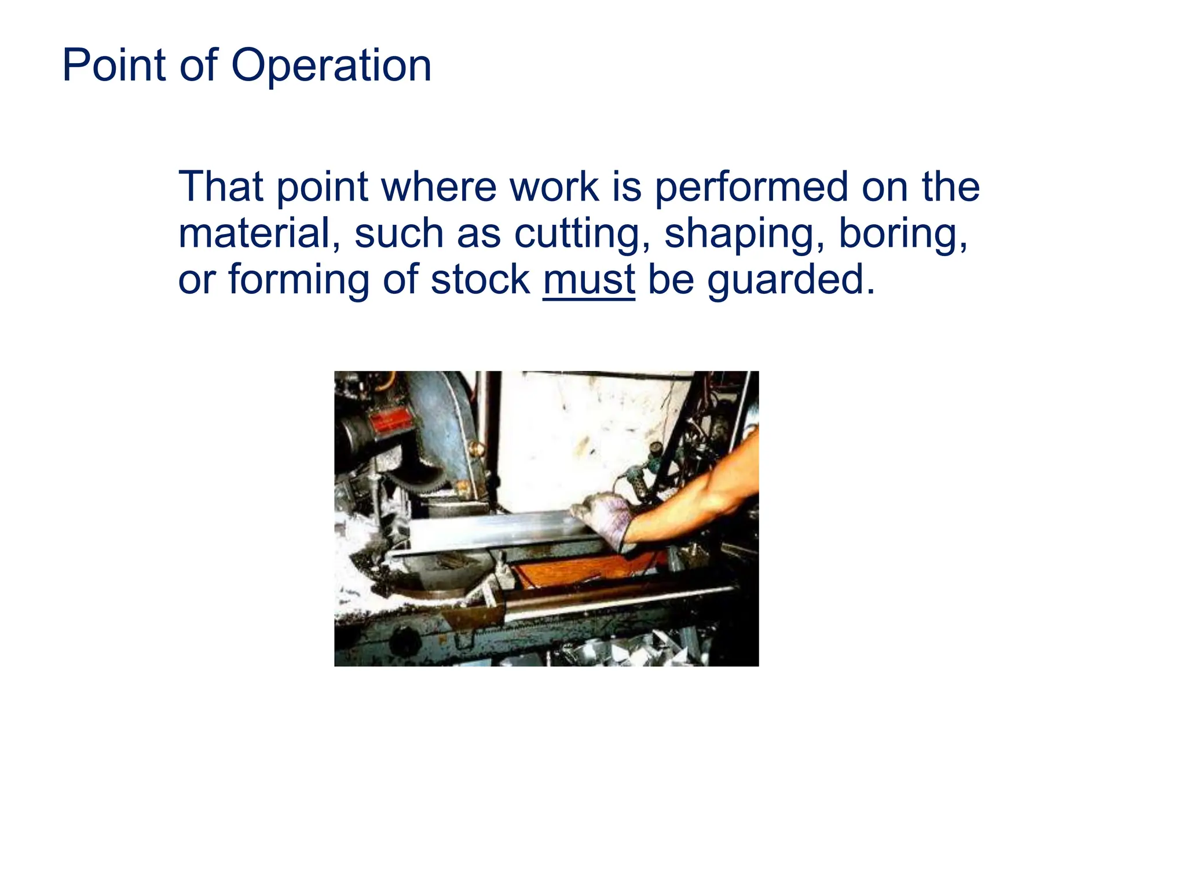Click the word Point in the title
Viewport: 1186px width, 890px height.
click(114, 65)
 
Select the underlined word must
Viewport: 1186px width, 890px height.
click(588, 280)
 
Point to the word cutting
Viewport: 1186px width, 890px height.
click(581, 235)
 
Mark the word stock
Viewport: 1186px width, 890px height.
click(480, 280)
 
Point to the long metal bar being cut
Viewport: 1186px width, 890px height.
click(492, 530)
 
